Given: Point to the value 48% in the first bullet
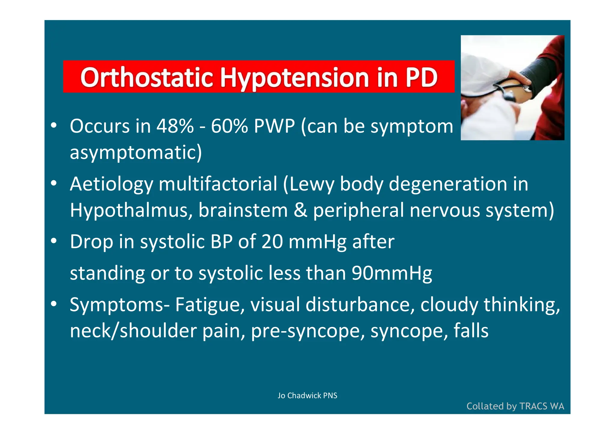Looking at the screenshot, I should (175, 126).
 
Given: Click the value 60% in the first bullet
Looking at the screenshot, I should (229, 126).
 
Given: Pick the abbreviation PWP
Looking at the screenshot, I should (274, 126).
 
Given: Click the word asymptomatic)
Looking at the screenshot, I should (136, 152).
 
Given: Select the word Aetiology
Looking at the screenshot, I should (111, 184).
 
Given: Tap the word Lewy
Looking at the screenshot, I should (312, 184).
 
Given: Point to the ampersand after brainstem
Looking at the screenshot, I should (300, 210).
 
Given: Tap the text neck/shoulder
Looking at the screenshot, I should (133, 331).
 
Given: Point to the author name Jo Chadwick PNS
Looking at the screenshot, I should (307, 396).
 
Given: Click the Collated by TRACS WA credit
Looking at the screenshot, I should (515, 406).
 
